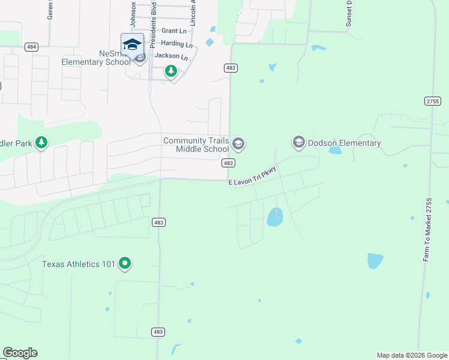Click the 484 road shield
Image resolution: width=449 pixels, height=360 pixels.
(x=32, y=47)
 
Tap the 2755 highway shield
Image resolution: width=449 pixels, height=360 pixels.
(x=432, y=101)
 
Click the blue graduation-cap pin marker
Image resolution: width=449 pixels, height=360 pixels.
(x=132, y=45)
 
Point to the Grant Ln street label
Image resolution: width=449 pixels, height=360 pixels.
(x=174, y=31)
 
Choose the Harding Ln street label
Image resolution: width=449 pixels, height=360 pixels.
(x=176, y=44)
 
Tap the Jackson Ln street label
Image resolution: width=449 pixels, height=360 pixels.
(x=167, y=56)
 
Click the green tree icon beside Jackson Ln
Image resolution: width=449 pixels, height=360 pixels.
(x=171, y=72)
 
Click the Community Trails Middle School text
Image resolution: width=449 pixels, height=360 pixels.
(x=196, y=144)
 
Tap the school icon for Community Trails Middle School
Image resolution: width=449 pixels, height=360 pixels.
(x=238, y=143)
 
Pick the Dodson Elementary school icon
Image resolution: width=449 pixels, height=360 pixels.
(x=298, y=143)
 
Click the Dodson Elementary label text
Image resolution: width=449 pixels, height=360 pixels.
(x=344, y=143)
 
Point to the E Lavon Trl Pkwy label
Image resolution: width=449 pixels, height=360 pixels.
(x=252, y=176)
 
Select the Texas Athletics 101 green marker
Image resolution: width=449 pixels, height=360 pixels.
(x=125, y=263)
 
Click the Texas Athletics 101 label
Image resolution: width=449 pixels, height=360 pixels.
(x=79, y=263)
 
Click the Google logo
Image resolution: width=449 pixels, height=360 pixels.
(x=20, y=353)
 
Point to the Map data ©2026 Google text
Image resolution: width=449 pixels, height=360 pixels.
(x=411, y=355)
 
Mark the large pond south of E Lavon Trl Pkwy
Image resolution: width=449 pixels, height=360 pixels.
(x=274, y=217)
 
